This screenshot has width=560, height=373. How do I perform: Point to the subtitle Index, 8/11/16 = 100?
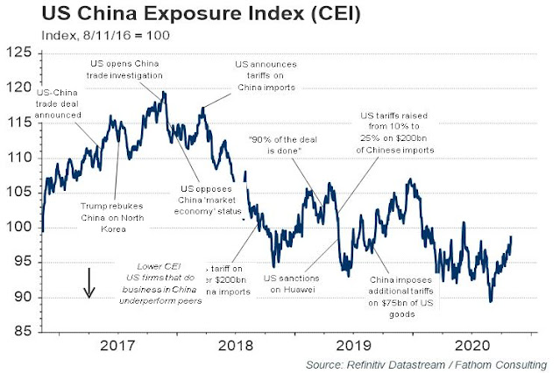103,36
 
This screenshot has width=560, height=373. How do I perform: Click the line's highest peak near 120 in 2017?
164,91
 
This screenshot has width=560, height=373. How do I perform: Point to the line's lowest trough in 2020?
490,301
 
